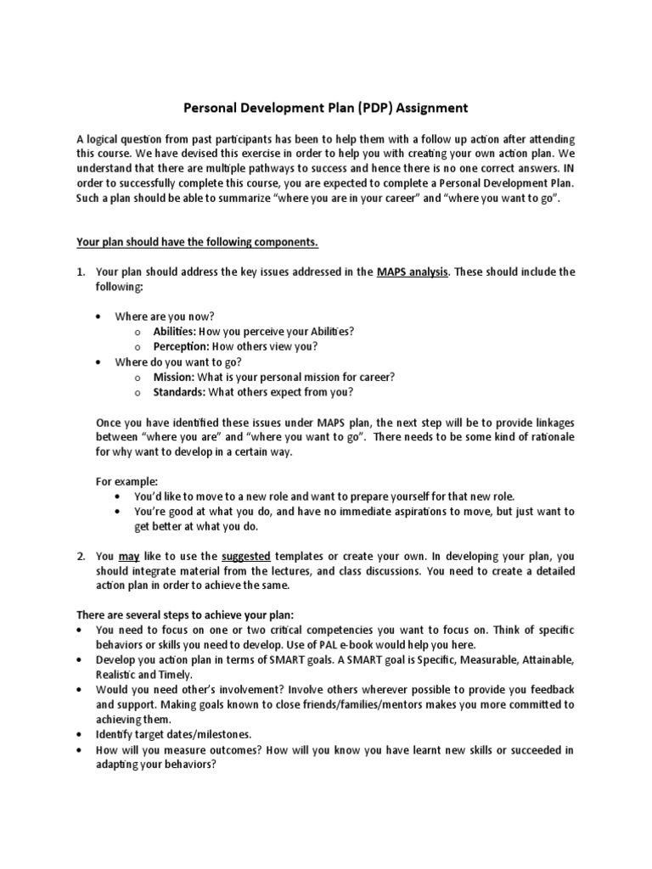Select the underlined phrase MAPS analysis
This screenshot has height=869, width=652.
[x=413, y=272]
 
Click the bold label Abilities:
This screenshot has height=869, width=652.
[x=175, y=332]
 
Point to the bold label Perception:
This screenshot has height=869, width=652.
[x=181, y=346]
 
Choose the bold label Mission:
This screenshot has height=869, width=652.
[x=174, y=376]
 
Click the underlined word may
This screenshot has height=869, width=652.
[x=128, y=556]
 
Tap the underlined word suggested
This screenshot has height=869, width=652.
[x=246, y=556]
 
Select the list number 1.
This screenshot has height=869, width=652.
[x=81, y=272]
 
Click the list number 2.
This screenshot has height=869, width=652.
[x=81, y=556]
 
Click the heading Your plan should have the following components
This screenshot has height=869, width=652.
[x=197, y=242]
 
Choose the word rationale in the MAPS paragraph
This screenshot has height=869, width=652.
[x=547, y=436]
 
